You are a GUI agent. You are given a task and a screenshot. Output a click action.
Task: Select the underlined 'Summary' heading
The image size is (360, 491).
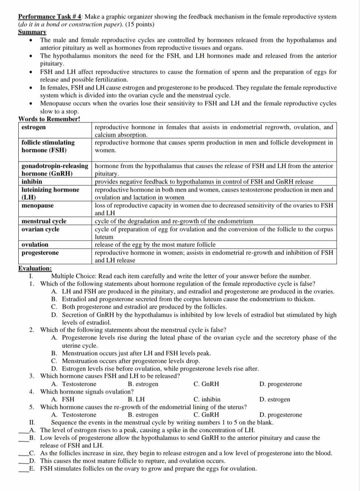tap(32, 32)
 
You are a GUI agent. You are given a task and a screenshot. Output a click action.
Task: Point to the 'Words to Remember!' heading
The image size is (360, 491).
tap(49, 119)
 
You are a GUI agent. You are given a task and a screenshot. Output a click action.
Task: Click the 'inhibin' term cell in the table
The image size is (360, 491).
tap(32, 182)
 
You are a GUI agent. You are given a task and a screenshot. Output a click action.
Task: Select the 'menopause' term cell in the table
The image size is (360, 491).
tap(37, 206)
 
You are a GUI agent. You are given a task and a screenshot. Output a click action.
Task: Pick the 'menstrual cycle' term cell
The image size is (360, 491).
tap(44, 221)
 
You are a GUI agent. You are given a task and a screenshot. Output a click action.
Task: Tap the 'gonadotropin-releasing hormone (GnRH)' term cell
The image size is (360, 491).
tap(55, 170)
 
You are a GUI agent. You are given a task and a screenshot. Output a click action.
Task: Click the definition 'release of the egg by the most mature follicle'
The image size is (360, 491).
tap(155, 245)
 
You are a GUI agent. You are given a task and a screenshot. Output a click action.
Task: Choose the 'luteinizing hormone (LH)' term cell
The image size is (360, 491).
tap(50, 194)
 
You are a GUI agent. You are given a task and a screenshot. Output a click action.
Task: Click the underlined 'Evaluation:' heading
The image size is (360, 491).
tap(35, 269)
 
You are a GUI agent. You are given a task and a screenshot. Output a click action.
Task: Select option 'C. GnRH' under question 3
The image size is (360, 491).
tap(206, 384)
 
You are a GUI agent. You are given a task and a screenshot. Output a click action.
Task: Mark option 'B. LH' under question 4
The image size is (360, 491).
tap(136, 400)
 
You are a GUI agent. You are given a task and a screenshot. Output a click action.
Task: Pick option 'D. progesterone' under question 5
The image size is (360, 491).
tap(281, 415)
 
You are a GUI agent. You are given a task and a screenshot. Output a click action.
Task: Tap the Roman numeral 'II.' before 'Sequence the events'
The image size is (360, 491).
tap(32, 423)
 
